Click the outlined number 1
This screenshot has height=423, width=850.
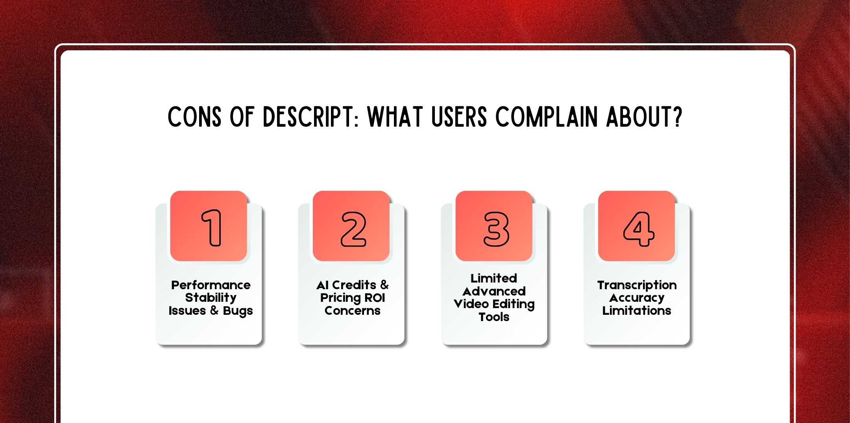[x=212, y=228]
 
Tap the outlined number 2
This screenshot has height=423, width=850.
[x=353, y=229]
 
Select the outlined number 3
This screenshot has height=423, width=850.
[x=496, y=229]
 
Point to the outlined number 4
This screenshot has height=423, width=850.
[x=638, y=229]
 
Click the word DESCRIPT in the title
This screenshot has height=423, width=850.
[x=310, y=117]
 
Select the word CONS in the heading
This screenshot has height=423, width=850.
[x=194, y=117]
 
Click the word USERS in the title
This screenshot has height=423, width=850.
[x=459, y=117]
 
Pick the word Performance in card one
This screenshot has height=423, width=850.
[x=211, y=285]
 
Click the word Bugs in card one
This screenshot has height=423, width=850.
[x=238, y=311]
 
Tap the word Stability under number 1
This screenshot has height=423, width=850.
[x=211, y=298]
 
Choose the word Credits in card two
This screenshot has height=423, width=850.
[x=354, y=285]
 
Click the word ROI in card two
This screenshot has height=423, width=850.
[x=375, y=298]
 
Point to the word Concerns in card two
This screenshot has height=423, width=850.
[x=352, y=311]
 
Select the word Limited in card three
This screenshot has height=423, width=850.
[x=493, y=278]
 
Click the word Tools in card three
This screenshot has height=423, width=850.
[x=493, y=317]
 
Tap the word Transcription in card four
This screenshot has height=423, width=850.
[x=637, y=285]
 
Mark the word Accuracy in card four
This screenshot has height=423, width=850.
[x=637, y=298]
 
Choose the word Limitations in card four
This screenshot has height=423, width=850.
[x=637, y=311]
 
